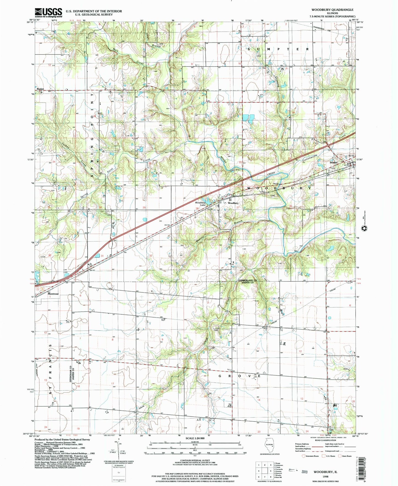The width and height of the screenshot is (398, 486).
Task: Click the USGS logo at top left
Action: click(x=48, y=12)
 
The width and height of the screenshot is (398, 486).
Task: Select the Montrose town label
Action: click(x=53, y=294)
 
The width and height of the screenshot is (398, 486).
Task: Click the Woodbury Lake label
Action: click(x=200, y=203)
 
